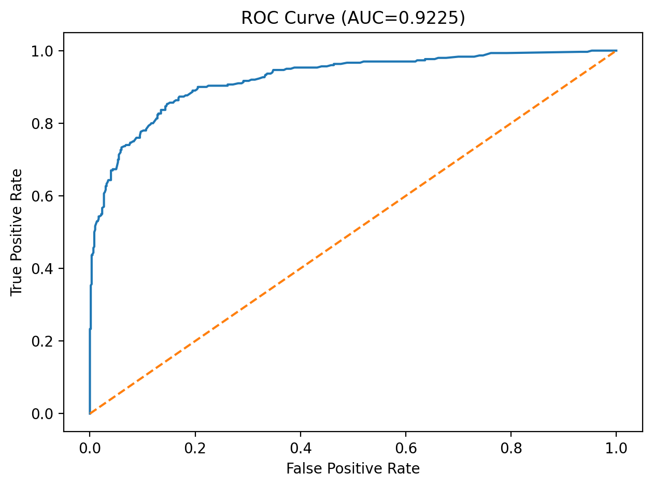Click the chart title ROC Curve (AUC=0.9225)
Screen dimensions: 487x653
(353, 18)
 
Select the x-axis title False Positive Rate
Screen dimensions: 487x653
(353, 469)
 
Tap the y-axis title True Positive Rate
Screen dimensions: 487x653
(17, 232)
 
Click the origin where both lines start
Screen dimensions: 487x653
(90, 413)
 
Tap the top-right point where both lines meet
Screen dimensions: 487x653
(616, 51)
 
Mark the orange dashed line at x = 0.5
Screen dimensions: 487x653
(353, 232)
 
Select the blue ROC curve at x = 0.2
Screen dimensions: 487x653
(195, 90)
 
